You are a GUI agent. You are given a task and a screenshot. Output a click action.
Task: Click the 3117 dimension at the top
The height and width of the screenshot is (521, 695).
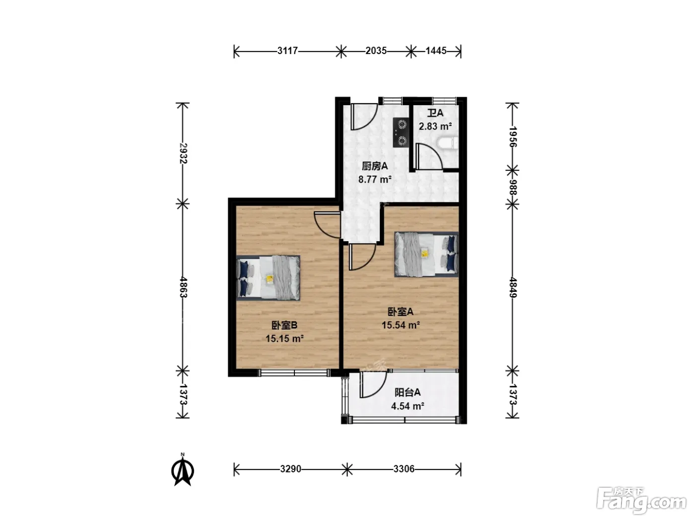click(287, 51)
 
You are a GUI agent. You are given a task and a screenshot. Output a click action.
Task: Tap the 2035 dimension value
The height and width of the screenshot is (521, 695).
click(376, 51)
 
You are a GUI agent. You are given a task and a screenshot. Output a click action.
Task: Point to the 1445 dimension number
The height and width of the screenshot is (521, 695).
click(436, 51)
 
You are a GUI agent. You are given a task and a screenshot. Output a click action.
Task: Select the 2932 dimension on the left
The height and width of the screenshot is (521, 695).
click(183, 153)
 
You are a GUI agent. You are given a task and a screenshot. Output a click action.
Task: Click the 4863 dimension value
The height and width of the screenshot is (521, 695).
click(183, 287)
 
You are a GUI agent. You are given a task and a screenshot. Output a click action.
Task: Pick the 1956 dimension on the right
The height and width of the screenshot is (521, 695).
click(513, 137)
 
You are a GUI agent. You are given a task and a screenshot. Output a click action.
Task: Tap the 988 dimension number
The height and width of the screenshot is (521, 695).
click(513, 188)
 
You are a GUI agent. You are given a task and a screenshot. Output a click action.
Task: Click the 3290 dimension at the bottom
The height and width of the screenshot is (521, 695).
click(290, 469)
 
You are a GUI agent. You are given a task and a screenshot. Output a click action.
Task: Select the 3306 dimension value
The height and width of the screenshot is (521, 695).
click(404, 469)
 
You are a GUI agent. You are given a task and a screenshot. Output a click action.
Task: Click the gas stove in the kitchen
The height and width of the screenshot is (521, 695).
click(401, 132)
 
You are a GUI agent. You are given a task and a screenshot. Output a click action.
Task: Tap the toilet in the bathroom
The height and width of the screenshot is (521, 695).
click(448, 143)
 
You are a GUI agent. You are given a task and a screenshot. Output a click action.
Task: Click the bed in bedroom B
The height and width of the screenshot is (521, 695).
click(268, 278)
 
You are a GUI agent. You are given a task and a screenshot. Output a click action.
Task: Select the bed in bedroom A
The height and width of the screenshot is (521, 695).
click(426, 255)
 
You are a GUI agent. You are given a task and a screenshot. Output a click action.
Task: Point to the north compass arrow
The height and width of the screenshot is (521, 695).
click(183, 469)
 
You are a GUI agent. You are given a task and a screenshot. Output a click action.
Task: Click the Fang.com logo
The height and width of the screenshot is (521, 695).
click(641, 501)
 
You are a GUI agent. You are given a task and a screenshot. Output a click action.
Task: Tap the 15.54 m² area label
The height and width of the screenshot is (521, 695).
click(401, 325)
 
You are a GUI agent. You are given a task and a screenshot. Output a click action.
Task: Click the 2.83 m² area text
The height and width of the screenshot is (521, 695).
click(435, 127)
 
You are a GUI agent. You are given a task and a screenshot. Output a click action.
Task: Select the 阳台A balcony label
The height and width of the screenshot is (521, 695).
click(408, 392)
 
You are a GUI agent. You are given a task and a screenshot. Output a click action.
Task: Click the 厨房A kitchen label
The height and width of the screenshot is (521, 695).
click(375, 166)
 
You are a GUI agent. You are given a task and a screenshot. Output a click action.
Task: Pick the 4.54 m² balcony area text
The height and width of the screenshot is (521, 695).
click(408, 406)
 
